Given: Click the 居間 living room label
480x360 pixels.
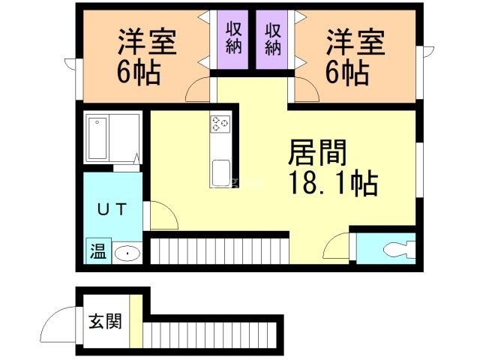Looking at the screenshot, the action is click(x=317, y=152).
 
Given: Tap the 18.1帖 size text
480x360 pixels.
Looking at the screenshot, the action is click(x=334, y=183).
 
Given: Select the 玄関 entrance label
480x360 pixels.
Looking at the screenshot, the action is click(x=105, y=321).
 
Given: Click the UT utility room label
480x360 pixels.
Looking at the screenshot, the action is click(x=112, y=210).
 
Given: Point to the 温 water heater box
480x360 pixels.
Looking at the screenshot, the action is click(x=98, y=251).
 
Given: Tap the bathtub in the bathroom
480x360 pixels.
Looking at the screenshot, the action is click(x=97, y=138).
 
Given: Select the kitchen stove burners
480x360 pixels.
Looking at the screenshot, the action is click(x=220, y=124).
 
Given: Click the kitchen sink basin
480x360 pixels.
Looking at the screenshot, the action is click(x=221, y=172).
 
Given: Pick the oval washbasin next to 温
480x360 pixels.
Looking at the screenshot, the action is click(x=127, y=253).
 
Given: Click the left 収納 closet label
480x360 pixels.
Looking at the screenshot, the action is click(x=233, y=38).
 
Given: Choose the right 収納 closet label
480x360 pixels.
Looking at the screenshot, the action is click(x=272, y=39).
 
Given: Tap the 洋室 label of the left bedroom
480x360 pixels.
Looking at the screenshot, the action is click(x=148, y=42).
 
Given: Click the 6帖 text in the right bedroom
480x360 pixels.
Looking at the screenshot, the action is click(x=346, y=72).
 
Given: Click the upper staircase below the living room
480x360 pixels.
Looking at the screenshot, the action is click(x=220, y=251).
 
